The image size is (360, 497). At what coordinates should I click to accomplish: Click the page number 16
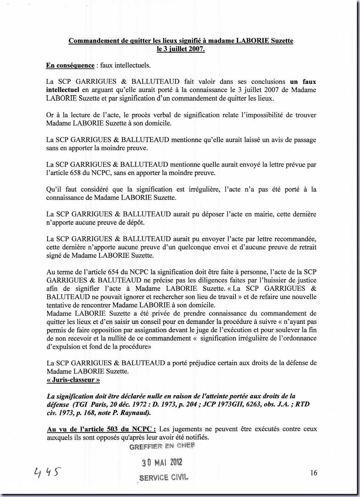click(x=313, y=473)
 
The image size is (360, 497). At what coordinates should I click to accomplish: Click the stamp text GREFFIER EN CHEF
click(x=162, y=446)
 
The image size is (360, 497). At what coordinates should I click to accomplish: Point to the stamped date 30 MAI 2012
click(x=162, y=462)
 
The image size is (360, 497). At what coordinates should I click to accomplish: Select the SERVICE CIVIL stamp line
click(x=163, y=478)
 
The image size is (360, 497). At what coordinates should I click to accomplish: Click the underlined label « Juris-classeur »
click(x=73, y=380)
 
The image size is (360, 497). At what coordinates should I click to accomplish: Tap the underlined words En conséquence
click(x=70, y=65)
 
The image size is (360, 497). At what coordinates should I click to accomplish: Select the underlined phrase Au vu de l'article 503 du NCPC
click(x=101, y=429)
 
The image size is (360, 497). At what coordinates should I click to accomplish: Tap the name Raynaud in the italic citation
click(x=136, y=413)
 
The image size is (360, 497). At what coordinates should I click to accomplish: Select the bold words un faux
click(x=303, y=82)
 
